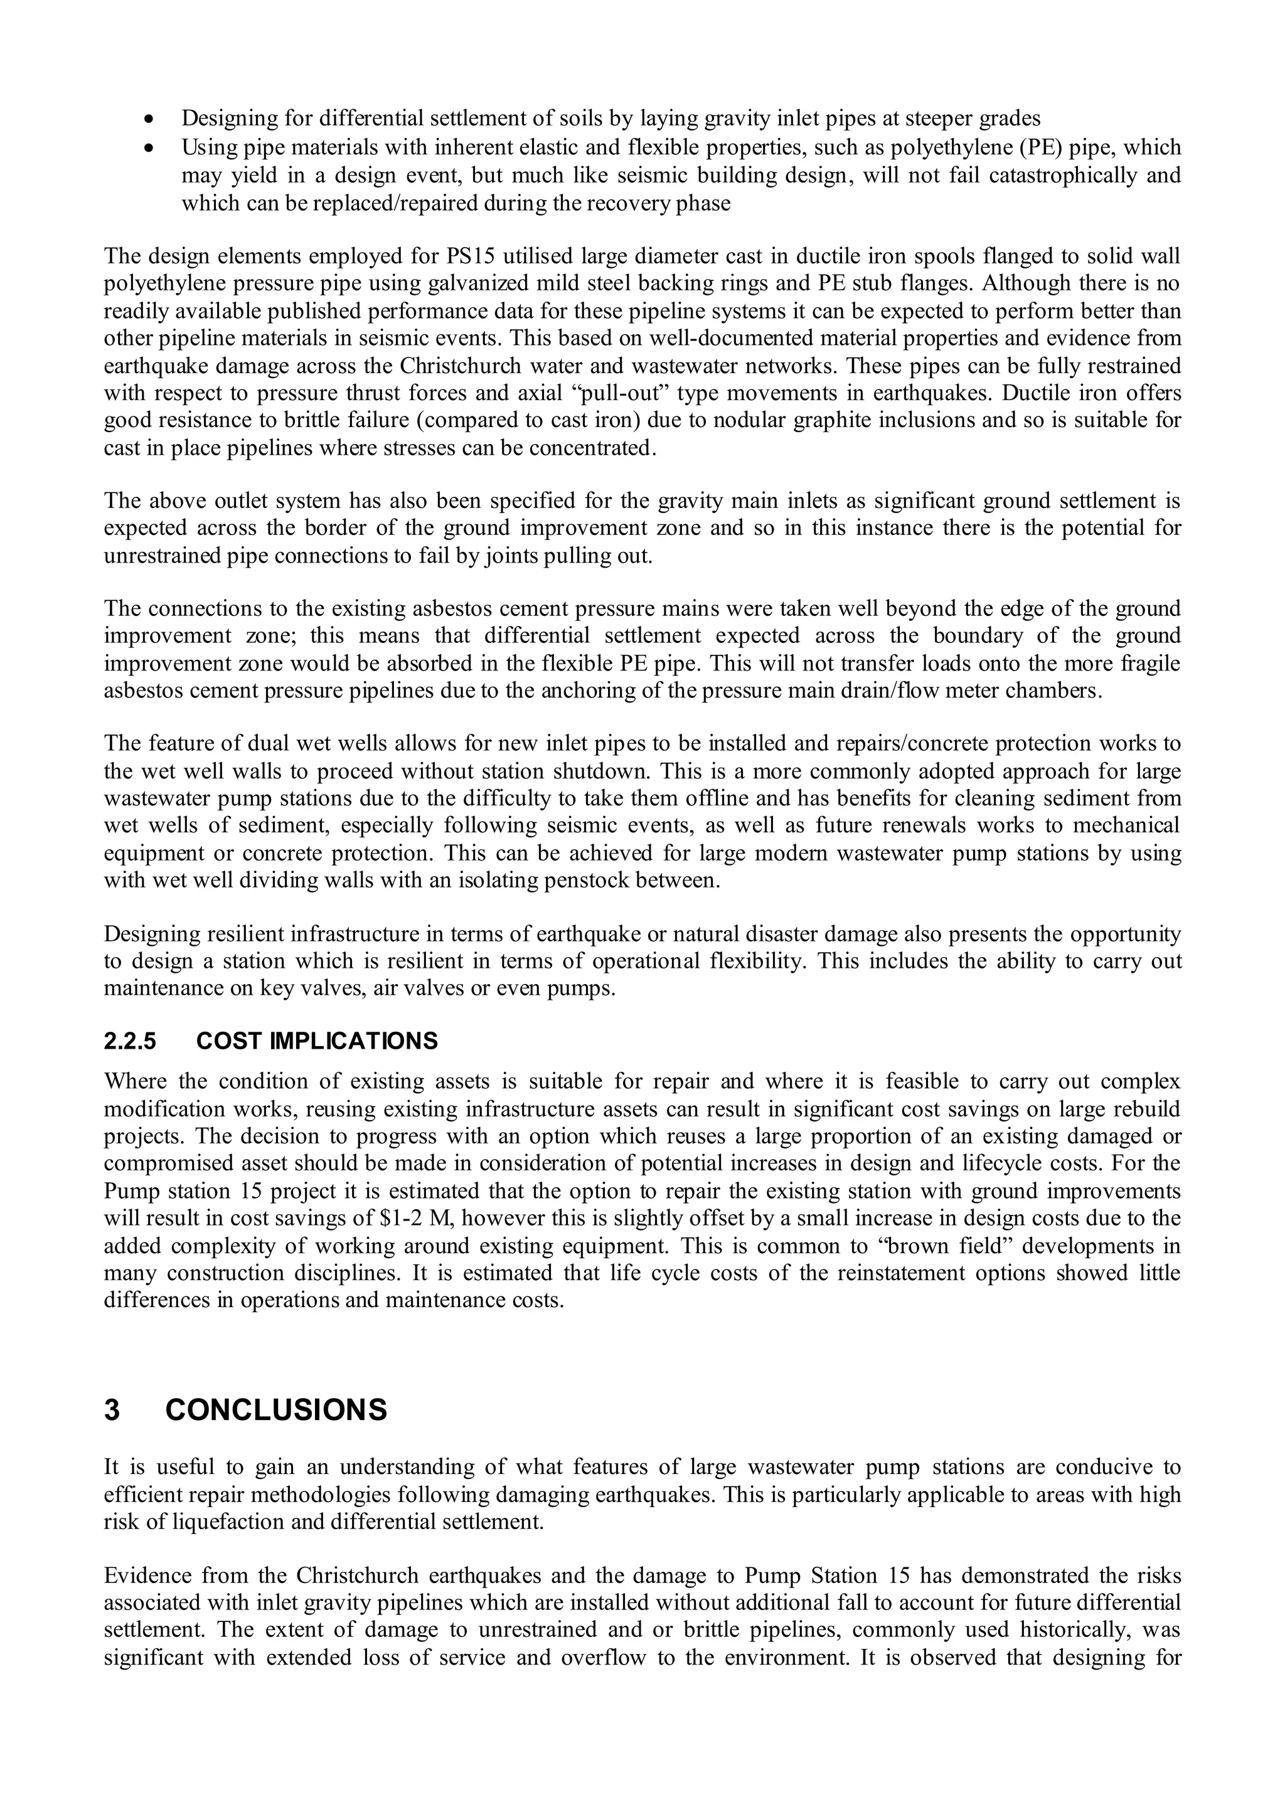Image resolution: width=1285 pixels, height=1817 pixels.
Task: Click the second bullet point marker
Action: coord(148,148)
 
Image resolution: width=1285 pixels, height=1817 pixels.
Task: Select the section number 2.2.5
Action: coord(130,1041)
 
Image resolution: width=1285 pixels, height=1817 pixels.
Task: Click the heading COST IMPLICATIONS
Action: coord(317,1041)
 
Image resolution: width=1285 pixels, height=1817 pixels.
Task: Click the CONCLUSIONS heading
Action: coord(276,1410)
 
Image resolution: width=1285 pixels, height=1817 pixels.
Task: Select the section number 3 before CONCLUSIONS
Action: coord(112,1410)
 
